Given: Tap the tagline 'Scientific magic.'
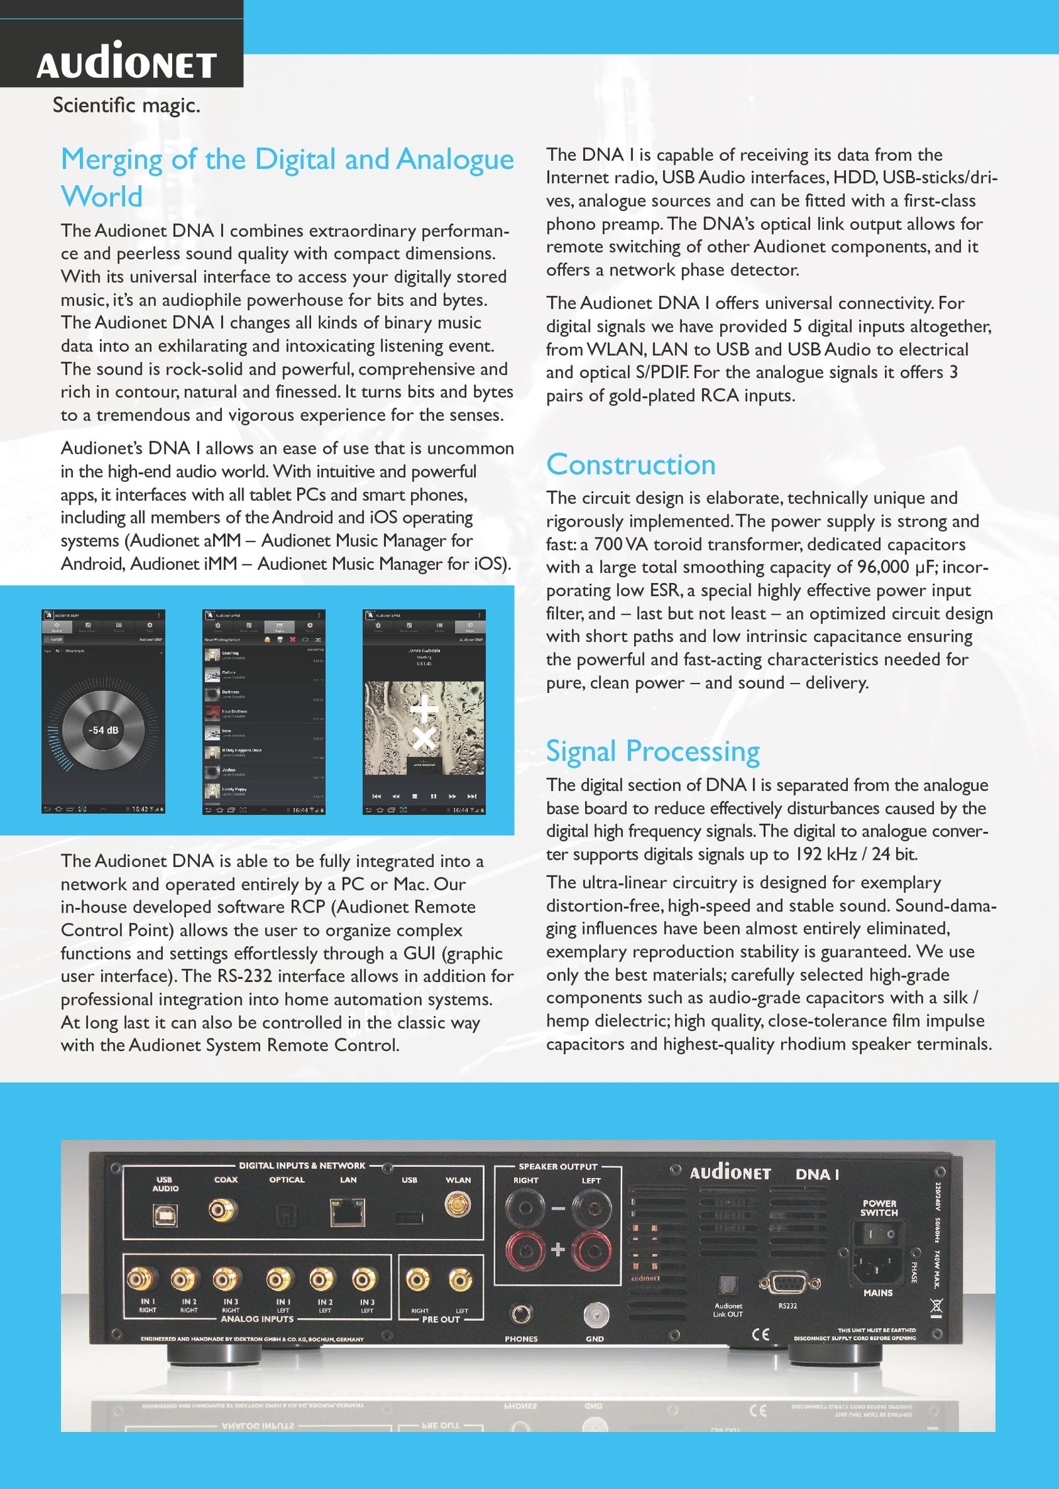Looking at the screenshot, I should tap(126, 105).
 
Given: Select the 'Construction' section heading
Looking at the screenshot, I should tap(631, 465).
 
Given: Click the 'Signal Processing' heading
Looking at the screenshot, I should tap(653, 751).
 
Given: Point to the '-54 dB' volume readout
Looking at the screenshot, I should tap(103, 730).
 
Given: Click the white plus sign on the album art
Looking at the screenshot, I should tap(424, 709).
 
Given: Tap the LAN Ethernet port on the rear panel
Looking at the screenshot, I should tap(348, 1212).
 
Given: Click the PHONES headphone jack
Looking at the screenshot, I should tap(521, 1313).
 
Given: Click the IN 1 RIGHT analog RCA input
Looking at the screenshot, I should tap(140, 1279).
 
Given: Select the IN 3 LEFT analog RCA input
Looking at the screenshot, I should tap(365, 1279).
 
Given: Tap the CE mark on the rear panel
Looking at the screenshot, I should tap(760, 1334).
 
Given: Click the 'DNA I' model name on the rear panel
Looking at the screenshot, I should tap(817, 1175).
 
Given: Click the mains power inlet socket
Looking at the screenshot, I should tap(878, 1267).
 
